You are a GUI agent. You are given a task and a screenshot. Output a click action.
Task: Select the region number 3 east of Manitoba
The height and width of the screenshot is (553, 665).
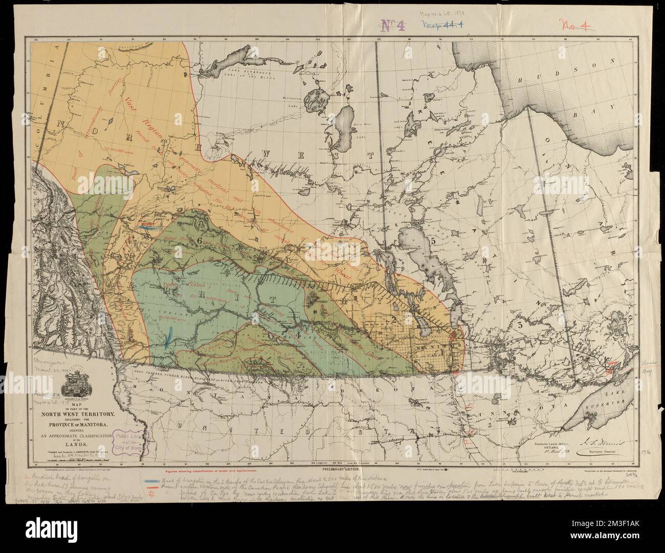(x=519, y=325)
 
